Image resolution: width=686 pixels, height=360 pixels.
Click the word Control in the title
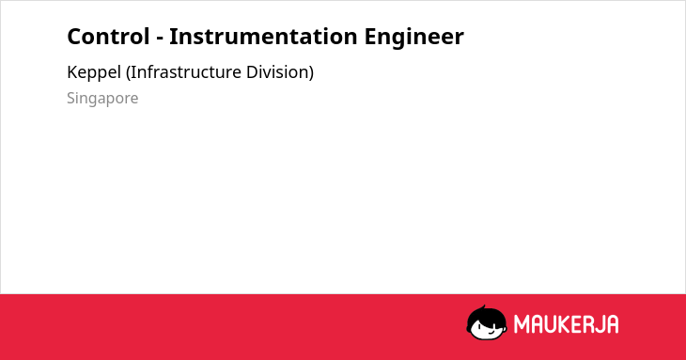(108, 37)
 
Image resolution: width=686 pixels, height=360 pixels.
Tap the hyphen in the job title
(160, 39)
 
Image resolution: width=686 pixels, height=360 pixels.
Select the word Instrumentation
(263, 37)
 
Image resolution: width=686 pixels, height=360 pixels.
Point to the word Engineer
(413, 38)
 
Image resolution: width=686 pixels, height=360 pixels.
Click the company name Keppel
(94, 72)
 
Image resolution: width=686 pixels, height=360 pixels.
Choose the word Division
(277, 72)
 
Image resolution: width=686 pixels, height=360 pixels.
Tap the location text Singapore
(102, 99)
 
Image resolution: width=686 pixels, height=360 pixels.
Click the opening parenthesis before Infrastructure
(128, 72)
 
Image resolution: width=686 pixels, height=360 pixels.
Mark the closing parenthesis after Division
(311, 72)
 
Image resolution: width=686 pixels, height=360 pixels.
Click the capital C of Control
(74, 37)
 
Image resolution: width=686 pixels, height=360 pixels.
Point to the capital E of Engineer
(370, 37)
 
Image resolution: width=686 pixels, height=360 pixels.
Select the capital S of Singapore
(71, 98)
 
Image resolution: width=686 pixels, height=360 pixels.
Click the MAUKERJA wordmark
(566, 324)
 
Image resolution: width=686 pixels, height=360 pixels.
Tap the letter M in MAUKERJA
(522, 324)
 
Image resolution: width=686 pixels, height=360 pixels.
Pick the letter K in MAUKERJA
(561, 324)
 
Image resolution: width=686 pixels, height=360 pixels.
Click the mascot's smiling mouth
(491, 332)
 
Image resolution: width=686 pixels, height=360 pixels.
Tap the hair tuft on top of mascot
(483, 307)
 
